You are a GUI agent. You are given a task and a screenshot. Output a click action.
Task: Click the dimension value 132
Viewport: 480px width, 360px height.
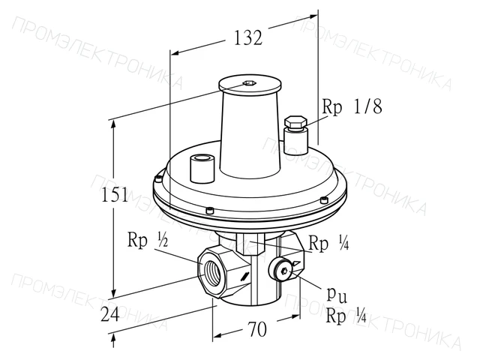(248, 38)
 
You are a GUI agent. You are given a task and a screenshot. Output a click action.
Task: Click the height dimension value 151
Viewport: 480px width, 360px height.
(115, 194)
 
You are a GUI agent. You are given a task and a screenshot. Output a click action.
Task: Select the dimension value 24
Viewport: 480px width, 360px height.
(110, 313)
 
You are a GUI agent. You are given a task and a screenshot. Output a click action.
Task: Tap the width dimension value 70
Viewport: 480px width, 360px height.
(257, 329)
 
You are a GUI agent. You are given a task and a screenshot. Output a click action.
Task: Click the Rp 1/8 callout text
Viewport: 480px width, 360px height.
(352, 106)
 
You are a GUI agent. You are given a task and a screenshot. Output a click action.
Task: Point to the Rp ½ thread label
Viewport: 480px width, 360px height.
(148, 240)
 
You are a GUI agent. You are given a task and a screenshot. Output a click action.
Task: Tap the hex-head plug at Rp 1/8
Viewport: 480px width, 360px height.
(295, 122)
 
